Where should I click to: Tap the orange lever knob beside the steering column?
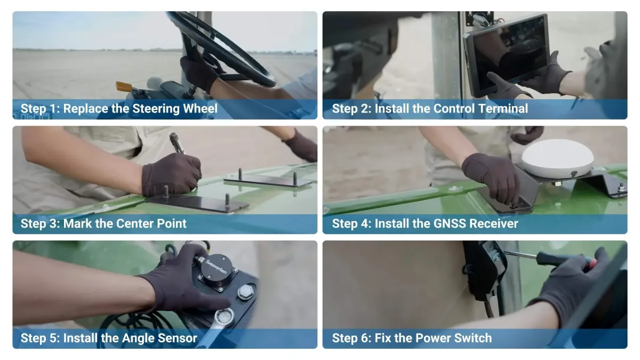pyautogui.click(x=124, y=86)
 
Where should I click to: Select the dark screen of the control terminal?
pyautogui.click(x=510, y=54)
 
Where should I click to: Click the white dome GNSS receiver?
pyautogui.click(x=557, y=158)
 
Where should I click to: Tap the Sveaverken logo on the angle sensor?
pyautogui.click(x=217, y=266)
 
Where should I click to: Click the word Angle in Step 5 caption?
pyautogui.click(x=138, y=338)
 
